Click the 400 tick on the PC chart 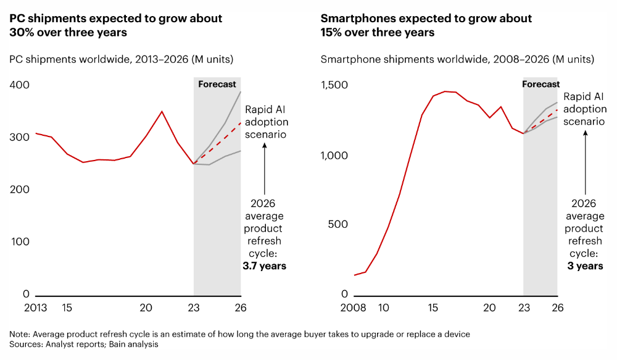(20, 84)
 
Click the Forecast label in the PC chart (217, 84)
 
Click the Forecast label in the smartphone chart (540, 84)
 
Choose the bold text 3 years (585, 266)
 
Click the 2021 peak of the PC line (162, 112)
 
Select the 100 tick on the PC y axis (20, 241)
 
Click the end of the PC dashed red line (240, 123)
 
